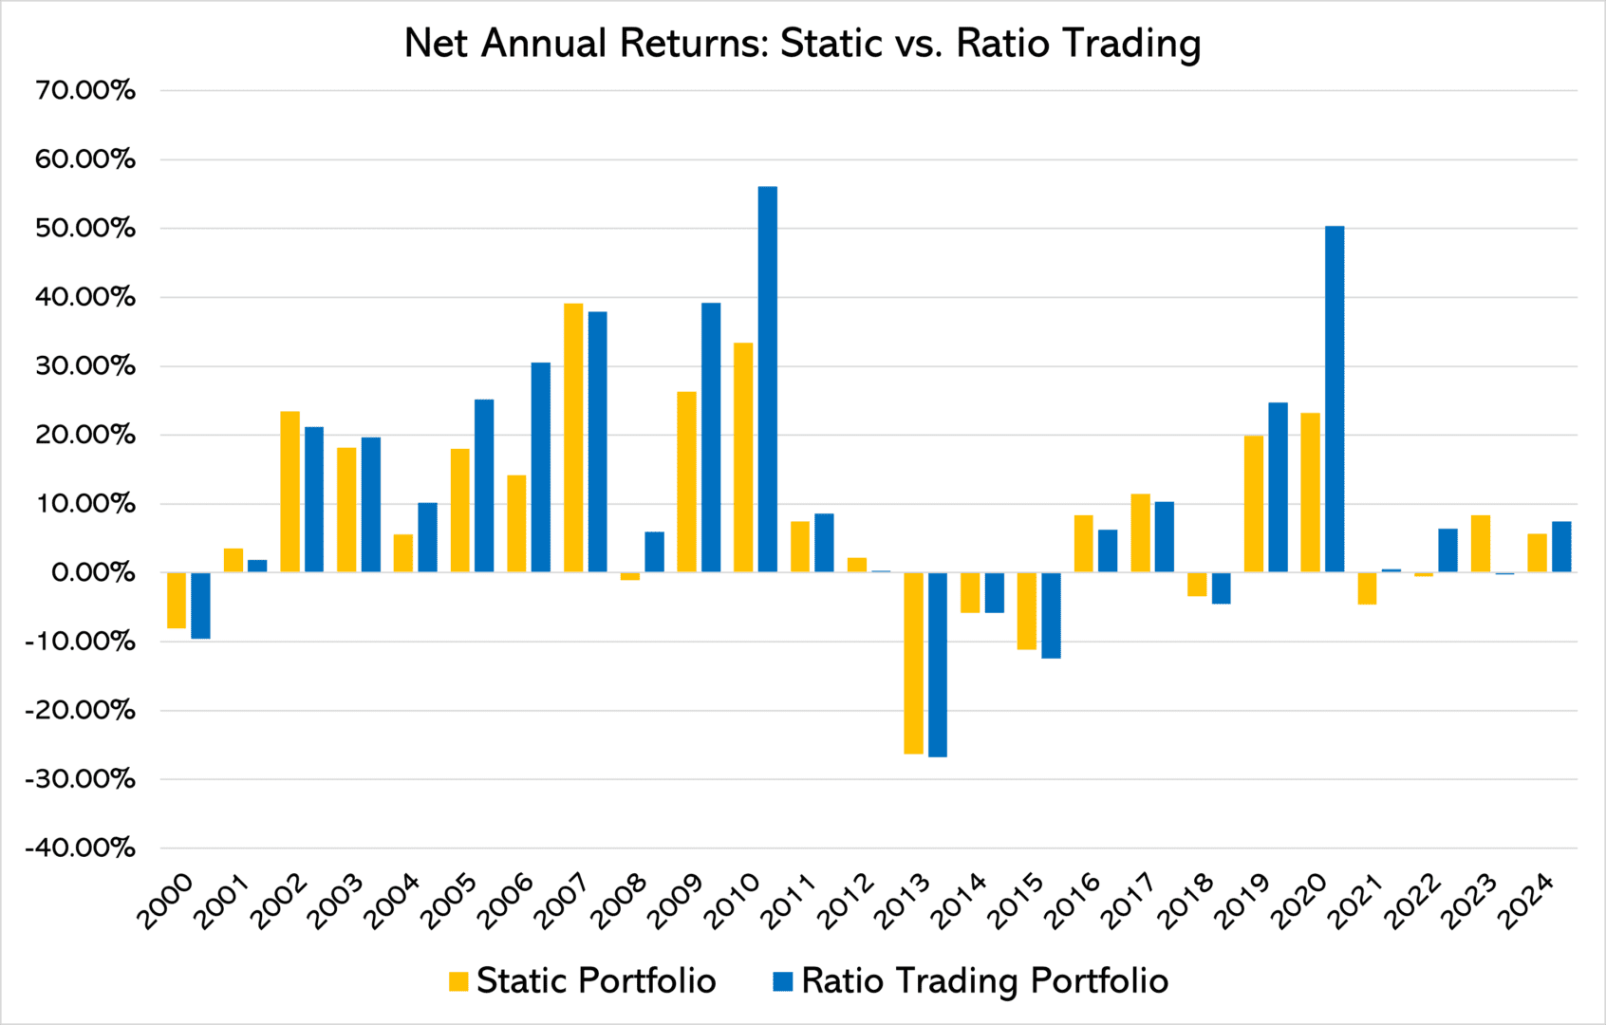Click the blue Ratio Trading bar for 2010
(767, 380)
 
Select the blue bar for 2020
(1334, 399)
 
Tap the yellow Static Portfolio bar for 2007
(573, 438)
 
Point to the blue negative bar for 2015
(1051, 615)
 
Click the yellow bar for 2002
(289, 492)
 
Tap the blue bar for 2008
(654, 551)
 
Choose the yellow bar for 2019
(1254, 503)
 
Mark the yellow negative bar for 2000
(177, 600)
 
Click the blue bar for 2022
(1447, 550)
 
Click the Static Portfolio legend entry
(583, 981)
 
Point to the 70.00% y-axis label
(85, 91)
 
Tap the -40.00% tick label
(80, 848)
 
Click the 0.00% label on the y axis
(93, 572)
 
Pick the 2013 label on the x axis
(902, 902)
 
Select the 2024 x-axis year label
(1525, 902)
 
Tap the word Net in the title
(439, 44)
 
